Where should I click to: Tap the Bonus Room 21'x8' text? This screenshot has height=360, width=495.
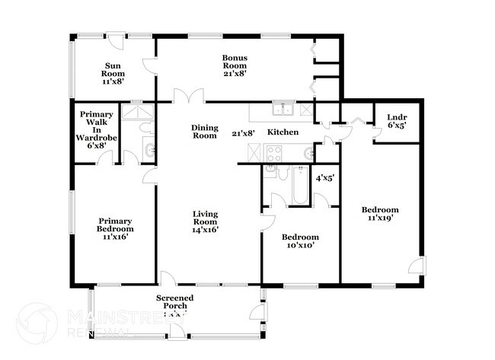[x=234, y=65]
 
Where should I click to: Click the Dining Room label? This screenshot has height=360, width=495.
[x=204, y=132]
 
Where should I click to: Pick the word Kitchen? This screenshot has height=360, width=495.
[x=282, y=132]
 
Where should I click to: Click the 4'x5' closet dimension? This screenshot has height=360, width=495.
[x=325, y=179]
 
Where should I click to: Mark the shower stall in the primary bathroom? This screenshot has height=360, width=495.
[x=139, y=113]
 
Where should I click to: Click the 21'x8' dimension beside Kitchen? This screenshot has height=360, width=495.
[x=243, y=133]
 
